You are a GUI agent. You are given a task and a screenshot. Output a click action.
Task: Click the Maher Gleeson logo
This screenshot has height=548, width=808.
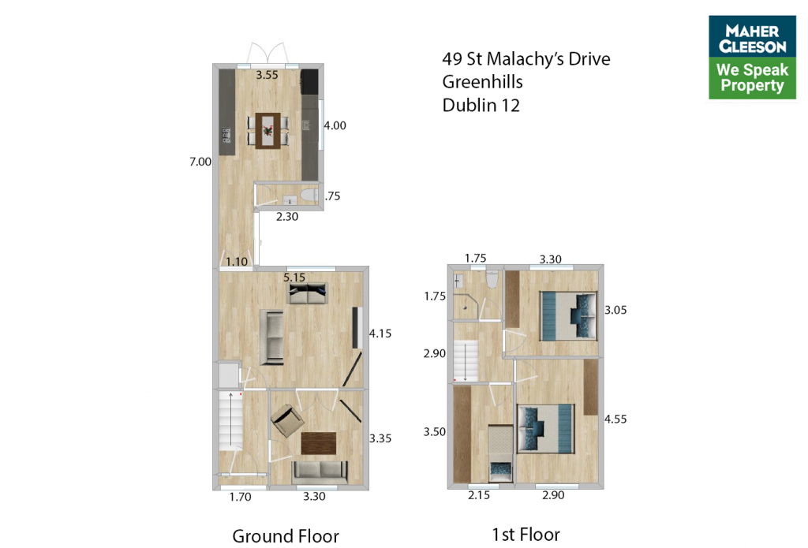coord(752,58)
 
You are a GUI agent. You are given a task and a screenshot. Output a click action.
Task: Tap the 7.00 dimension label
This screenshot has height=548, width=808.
coord(200,162)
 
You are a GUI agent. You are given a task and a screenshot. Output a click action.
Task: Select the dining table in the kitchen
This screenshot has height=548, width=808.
coord(268,131)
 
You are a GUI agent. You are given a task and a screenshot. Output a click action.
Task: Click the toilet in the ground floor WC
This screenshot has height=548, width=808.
coord(309,196)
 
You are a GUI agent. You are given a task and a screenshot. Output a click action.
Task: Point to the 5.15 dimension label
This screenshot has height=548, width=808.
coord(294,278)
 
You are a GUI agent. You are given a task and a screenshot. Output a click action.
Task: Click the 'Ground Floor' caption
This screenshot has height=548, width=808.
coord(286,536)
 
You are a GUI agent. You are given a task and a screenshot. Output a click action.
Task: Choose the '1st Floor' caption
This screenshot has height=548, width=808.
coord(526,535)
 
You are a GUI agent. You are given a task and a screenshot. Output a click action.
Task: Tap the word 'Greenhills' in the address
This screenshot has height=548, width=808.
coord(482,82)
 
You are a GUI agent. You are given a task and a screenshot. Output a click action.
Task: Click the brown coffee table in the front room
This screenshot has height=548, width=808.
coord(319,443)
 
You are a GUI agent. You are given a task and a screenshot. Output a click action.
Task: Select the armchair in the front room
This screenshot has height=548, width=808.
coord(287,420)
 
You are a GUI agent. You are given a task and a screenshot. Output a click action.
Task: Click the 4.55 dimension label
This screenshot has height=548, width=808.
coord(615,419)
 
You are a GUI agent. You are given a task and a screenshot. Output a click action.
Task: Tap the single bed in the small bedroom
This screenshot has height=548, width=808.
coord(500,453)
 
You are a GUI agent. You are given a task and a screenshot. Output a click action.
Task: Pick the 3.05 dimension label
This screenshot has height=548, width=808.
coord(615,310)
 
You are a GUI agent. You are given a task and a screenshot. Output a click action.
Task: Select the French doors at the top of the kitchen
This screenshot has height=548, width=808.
coord(267,53)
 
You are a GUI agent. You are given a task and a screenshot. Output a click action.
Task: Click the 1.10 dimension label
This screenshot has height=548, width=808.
coord(237,262)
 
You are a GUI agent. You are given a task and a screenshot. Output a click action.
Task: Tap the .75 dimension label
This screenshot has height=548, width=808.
coord(333,196)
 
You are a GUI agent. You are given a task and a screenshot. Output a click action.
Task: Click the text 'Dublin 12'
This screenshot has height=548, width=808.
coord(481,106)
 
